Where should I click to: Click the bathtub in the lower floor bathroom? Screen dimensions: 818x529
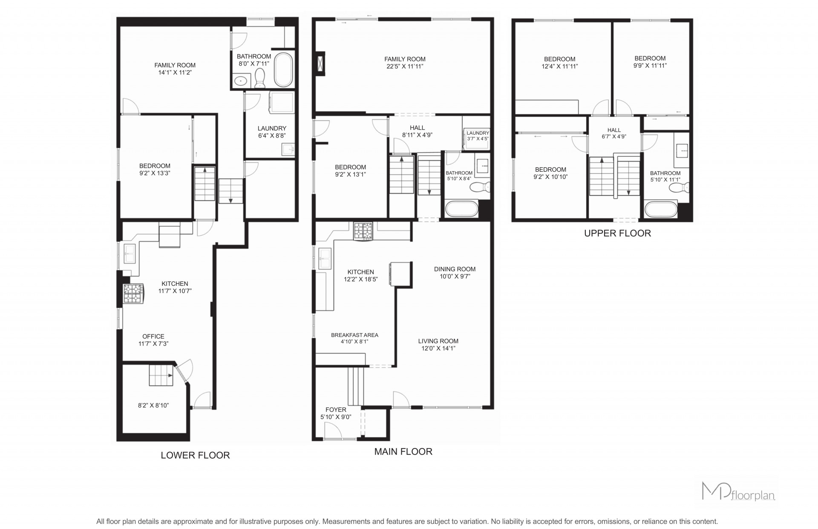[283, 70]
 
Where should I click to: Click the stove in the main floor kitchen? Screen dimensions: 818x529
[363, 231]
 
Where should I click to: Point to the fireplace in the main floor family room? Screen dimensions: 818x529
[320, 65]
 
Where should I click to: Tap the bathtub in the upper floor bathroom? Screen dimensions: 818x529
[661, 210]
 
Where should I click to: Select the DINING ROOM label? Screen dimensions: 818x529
[455, 269]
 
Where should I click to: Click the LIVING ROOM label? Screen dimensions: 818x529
[438, 341]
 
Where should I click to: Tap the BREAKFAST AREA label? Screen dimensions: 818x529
[354, 335]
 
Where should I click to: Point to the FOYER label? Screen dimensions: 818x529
[336, 410]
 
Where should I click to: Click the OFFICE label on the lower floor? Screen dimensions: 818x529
[153, 336]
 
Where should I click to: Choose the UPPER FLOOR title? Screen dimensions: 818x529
[617, 233]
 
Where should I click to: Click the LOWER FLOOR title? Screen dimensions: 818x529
[195, 455]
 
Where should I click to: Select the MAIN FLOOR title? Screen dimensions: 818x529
[403, 451]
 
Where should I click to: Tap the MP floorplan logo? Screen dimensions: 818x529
[738, 492]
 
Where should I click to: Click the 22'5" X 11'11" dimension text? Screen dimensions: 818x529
[405, 66]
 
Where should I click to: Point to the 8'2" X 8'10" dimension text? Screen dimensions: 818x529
[153, 405]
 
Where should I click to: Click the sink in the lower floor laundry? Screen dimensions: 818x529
[288, 149]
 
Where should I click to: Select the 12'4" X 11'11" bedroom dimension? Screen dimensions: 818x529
[559, 66]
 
